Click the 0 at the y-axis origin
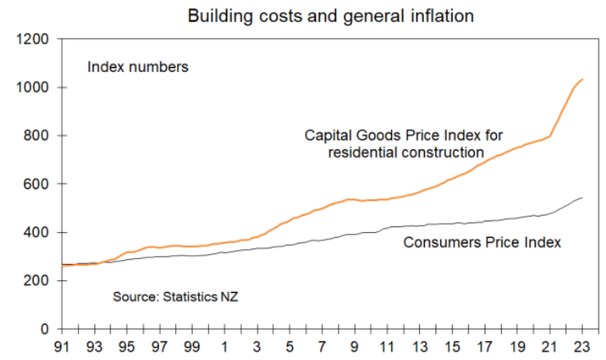(x=45, y=330)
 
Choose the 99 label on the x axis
(x=193, y=347)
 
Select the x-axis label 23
(x=581, y=347)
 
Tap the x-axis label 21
(x=549, y=347)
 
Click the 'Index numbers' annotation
(x=138, y=67)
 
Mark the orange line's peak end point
(x=582, y=80)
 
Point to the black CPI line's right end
(x=582, y=198)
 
